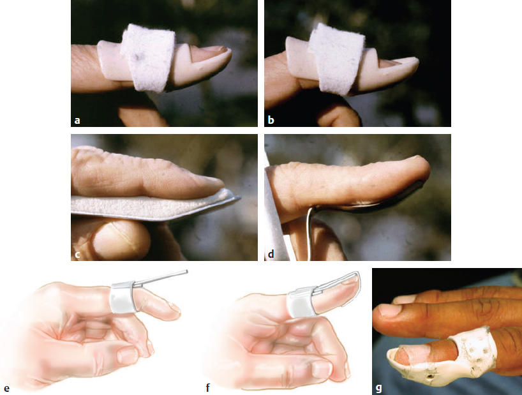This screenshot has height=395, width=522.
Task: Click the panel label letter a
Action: pyautogui.click(x=77, y=120)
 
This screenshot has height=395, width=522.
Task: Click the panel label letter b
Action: pyautogui.click(x=271, y=120)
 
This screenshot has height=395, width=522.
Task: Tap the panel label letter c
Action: pyautogui.click(x=77, y=255)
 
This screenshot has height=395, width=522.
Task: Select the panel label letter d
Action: pyautogui.click(x=271, y=254)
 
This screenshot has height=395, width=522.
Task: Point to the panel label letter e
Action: pyautogui.click(x=6, y=389)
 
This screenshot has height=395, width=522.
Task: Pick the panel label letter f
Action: pyautogui.click(x=208, y=387)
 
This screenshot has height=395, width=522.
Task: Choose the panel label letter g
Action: pyautogui.click(x=378, y=389)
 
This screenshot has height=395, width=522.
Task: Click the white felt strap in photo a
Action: pyautogui.click(x=148, y=57)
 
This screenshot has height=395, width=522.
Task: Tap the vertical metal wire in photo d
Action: pyautogui.click(x=310, y=233)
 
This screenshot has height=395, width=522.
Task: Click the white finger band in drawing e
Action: pyautogui.click(x=123, y=297)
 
